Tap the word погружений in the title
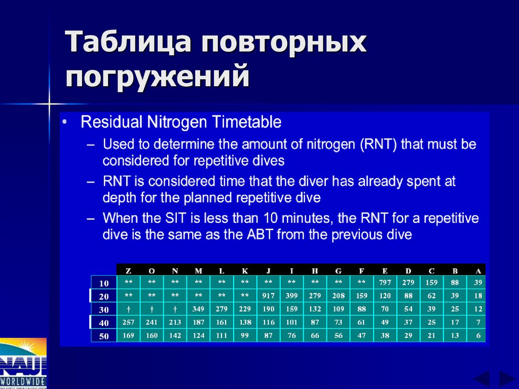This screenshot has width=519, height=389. pyautogui.click(x=158, y=77)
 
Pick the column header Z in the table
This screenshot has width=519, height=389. pyautogui.click(x=128, y=271)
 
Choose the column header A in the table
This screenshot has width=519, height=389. pyautogui.click(x=478, y=271)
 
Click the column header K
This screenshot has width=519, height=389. pyautogui.click(x=245, y=271)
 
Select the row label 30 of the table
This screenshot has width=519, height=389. pyautogui.click(x=104, y=309)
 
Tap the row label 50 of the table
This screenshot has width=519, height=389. pyautogui.click(x=104, y=336)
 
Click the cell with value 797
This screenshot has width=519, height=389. pyautogui.click(x=385, y=282)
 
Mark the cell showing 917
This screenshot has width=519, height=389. pyautogui.click(x=269, y=296)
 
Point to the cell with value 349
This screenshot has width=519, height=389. pyautogui.click(x=198, y=309)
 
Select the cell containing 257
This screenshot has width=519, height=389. pyautogui.click(x=128, y=322)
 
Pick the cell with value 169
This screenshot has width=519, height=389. pyautogui.click(x=128, y=335)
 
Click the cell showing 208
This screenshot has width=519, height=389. pyautogui.click(x=339, y=296)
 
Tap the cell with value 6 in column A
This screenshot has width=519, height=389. pyautogui.click(x=478, y=335)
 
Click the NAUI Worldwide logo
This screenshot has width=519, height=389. pyautogui.click(x=23, y=363)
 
